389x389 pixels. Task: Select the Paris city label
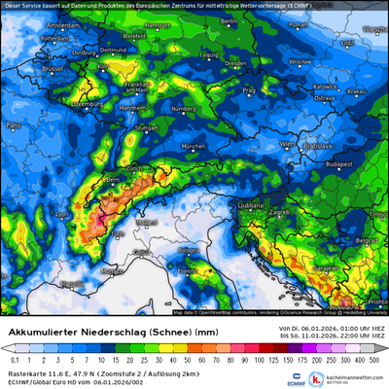tap(14, 126)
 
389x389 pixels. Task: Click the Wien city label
tap(285, 143)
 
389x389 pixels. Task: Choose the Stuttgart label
tap(147, 127)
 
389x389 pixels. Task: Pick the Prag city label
tap(249, 89)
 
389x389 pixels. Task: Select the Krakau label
tap(355, 91)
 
